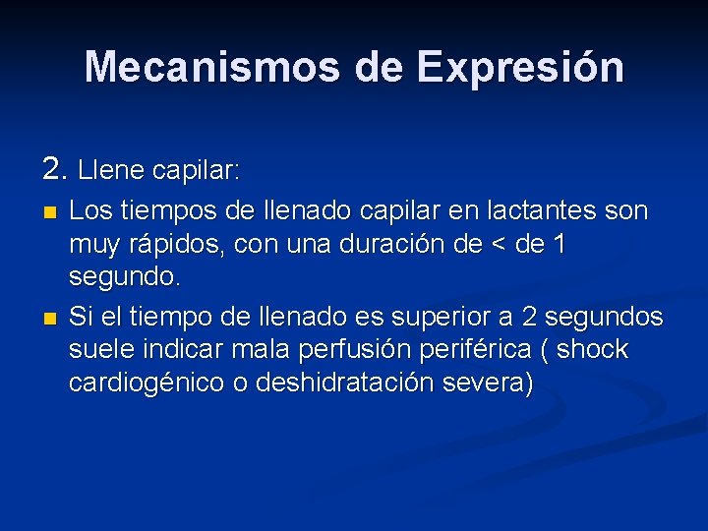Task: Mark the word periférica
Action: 472,350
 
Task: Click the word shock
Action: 592,350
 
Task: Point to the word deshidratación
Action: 354,383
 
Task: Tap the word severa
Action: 495,383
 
